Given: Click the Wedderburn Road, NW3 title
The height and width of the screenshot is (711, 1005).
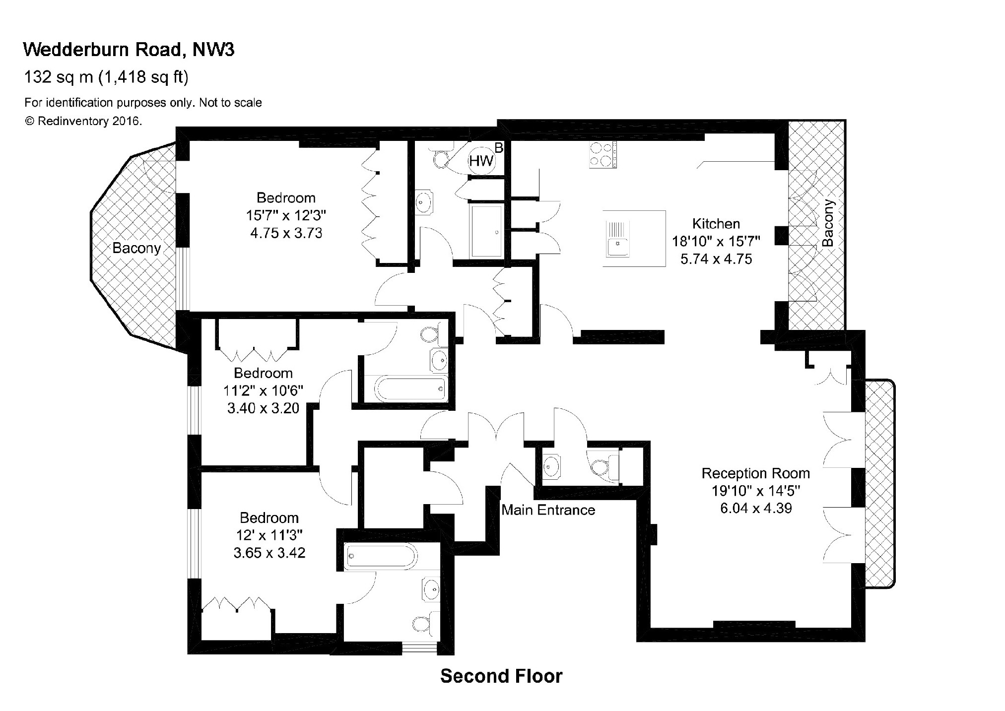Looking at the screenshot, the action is pyautogui.click(x=129, y=50).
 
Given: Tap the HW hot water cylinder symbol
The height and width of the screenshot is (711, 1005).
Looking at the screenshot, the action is pyautogui.click(x=481, y=160).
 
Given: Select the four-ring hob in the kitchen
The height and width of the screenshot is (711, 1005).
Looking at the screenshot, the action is pyautogui.click(x=603, y=154).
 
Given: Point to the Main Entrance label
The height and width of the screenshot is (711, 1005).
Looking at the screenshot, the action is pyautogui.click(x=548, y=510).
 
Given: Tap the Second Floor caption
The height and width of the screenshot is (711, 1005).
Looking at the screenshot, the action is pyautogui.click(x=501, y=676).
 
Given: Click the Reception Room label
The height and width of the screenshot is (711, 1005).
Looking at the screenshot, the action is pyautogui.click(x=755, y=473).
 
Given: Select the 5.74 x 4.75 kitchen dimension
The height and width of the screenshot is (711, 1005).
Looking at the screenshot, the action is pyautogui.click(x=716, y=259).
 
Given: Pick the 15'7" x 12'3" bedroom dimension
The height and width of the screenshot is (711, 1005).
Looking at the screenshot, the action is pyautogui.click(x=286, y=215).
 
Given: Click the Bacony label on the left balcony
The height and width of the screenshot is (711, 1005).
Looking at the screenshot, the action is pyautogui.click(x=136, y=248).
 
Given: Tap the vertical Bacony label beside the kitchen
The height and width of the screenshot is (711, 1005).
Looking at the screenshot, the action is pyautogui.click(x=828, y=223).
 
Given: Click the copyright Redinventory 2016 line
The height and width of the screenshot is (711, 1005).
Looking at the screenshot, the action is pyautogui.click(x=83, y=121).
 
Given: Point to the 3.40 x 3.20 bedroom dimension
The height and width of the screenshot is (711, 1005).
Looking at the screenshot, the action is pyautogui.click(x=263, y=408).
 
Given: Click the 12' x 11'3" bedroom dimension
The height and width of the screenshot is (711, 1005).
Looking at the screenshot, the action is pyautogui.click(x=269, y=535).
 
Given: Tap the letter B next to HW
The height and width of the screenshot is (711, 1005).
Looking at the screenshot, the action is pyautogui.click(x=499, y=147).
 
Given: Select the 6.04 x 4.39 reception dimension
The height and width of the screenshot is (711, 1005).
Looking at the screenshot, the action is pyautogui.click(x=755, y=508).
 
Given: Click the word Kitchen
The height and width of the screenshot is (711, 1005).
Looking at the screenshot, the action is pyautogui.click(x=716, y=224).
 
